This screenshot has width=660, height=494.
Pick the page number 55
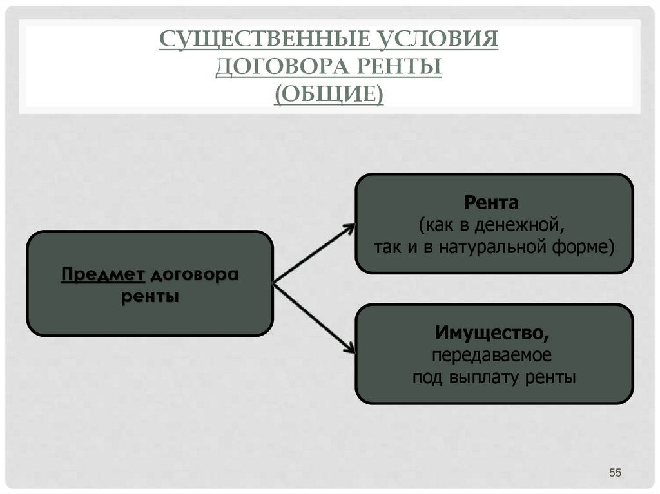[614, 474]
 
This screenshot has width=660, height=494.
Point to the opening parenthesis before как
[420, 227]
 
